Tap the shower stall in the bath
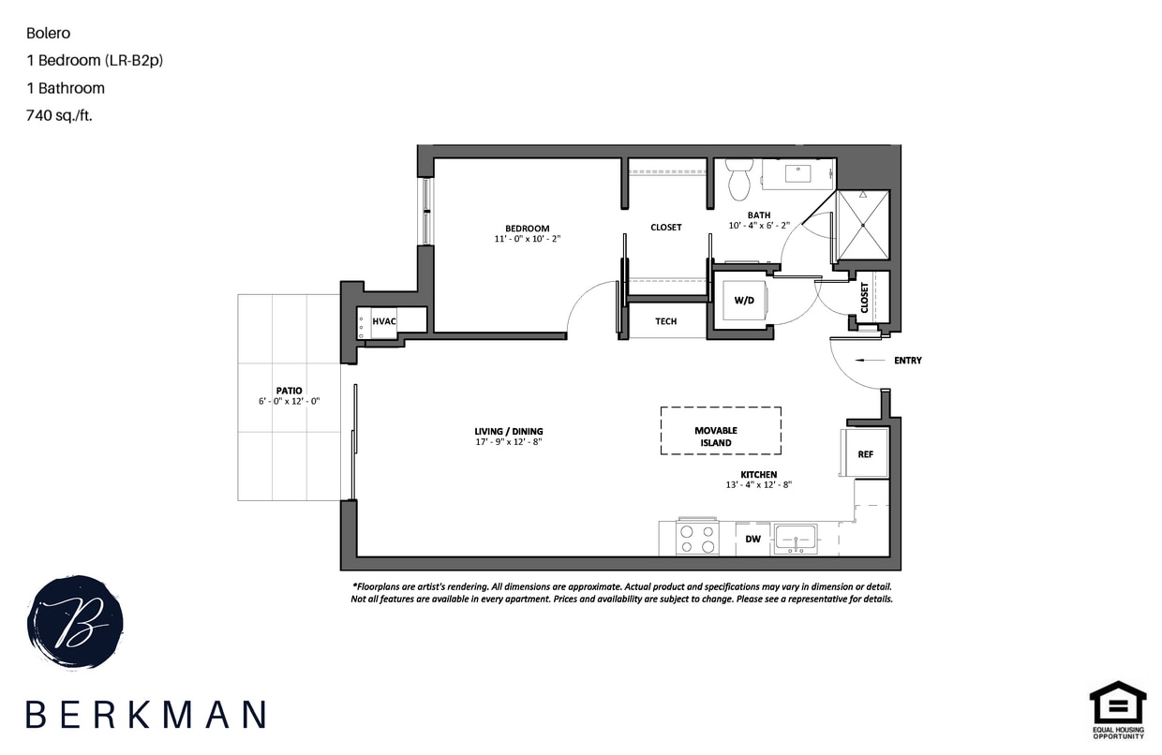[x=862, y=225]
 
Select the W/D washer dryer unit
[x=744, y=300]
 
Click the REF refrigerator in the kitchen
[x=865, y=453]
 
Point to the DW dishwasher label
[x=752, y=539]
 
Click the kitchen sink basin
[x=796, y=539]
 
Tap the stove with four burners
[x=696, y=538]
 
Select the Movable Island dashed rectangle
[x=721, y=431]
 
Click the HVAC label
[x=383, y=320]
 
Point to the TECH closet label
[x=665, y=321]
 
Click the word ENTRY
[x=907, y=360]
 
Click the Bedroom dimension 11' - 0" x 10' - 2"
[x=527, y=239]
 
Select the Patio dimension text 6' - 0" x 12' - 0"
[x=289, y=401]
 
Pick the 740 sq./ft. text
[x=60, y=116]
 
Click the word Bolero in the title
[x=48, y=33]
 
